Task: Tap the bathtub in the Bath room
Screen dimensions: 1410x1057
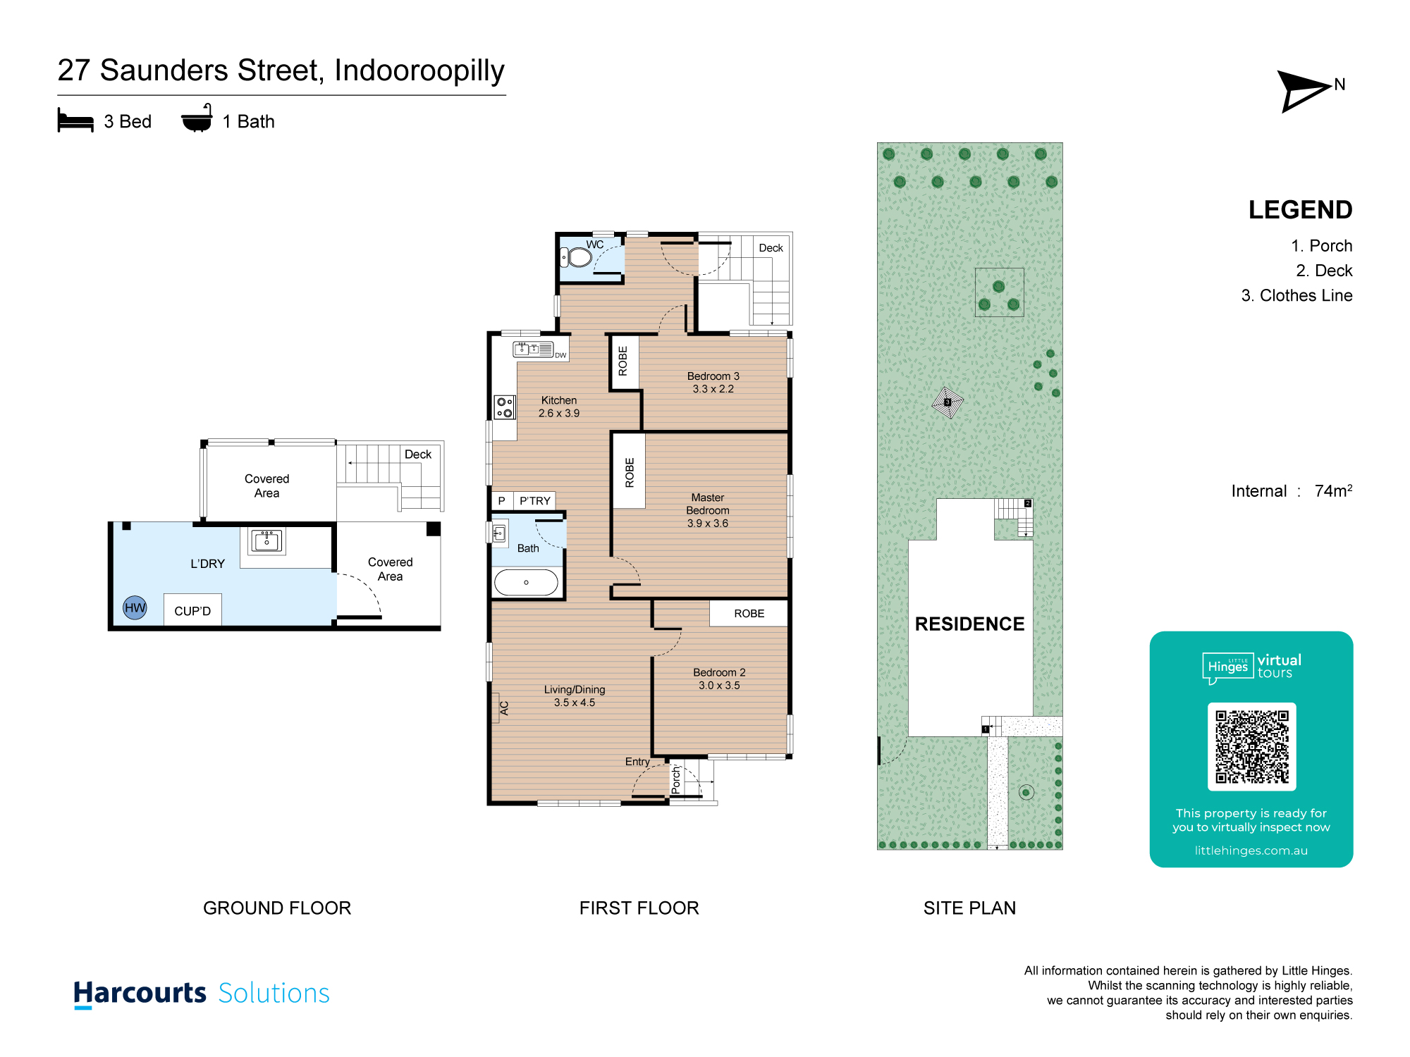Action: [526, 583]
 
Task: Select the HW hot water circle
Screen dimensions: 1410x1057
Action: [135, 607]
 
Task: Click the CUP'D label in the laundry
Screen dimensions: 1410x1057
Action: [192, 611]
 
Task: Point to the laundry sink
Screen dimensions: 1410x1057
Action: [266, 541]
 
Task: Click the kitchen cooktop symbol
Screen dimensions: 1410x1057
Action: [505, 407]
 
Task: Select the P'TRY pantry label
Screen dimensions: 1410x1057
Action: [535, 501]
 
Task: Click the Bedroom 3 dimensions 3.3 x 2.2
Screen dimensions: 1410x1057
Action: [713, 389]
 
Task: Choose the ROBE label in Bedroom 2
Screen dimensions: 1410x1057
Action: [749, 614]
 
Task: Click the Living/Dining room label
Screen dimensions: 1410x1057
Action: [575, 690]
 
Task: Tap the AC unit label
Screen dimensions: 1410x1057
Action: [504, 708]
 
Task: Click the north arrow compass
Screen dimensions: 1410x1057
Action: [1304, 91]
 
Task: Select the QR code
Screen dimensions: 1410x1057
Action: [1251, 747]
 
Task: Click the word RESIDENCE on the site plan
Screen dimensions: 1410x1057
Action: [969, 624]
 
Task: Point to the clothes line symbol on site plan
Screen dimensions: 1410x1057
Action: [948, 402]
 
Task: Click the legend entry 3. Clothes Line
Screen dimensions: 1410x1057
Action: [1296, 296]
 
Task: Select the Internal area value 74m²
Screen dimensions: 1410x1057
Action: [1333, 490]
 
